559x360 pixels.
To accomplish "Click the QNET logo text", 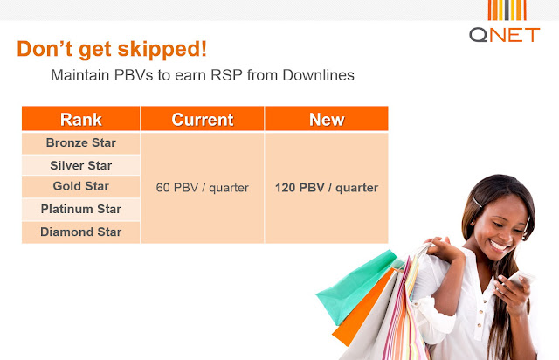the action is (x=505, y=35).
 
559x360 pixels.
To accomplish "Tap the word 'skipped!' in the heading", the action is (x=162, y=49).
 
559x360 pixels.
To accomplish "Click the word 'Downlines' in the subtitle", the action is (x=318, y=75).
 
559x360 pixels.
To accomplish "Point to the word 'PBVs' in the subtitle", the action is (x=134, y=75).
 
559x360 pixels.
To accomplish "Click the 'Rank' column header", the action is (x=81, y=119).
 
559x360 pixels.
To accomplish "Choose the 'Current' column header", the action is (x=203, y=119).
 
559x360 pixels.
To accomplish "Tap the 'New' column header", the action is (x=327, y=119).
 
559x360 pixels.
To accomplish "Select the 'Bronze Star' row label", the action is (x=81, y=142).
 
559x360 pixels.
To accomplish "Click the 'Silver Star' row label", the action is (x=81, y=165).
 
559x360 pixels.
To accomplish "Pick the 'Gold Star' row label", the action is (x=81, y=186).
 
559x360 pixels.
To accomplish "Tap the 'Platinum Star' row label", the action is (x=81, y=209).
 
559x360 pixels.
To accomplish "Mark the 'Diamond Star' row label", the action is (x=81, y=232).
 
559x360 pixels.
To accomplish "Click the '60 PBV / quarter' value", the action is (x=202, y=188).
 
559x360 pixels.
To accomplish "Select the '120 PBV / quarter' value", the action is (x=327, y=188).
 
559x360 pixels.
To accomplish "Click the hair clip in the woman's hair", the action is (x=478, y=203).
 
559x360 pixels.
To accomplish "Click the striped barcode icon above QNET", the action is (x=507, y=10).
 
